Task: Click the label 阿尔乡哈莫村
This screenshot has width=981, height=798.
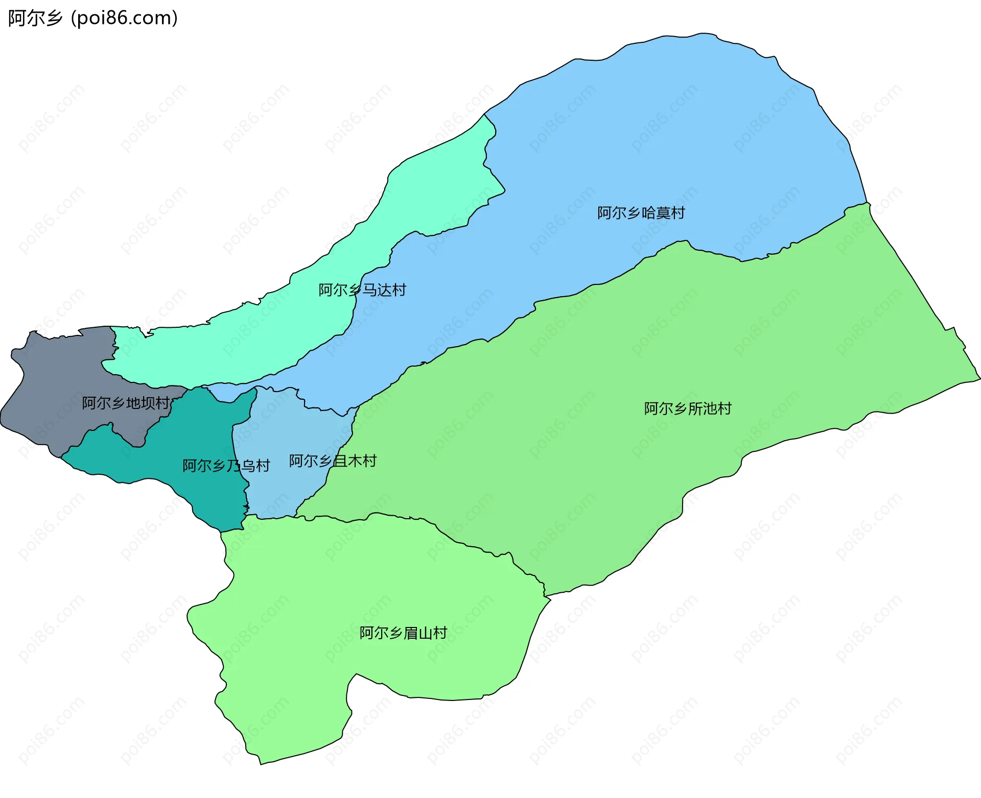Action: [641, 213]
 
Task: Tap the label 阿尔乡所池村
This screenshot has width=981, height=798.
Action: [687, 408]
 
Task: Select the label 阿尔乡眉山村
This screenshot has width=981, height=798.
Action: [403, 633]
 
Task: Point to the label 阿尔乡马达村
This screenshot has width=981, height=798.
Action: [362, 290]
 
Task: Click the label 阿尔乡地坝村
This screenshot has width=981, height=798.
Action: [125, 403]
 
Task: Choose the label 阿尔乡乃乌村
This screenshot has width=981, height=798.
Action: [226, 466]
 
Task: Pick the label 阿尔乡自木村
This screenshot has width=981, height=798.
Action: [333, 461]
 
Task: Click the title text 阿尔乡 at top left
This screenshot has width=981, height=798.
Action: [35, 18]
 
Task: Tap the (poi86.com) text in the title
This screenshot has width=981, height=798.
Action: [124, 18]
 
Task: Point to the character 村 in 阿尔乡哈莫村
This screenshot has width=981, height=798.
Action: [678, 213]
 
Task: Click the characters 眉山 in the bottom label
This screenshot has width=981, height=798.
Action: [417, 633]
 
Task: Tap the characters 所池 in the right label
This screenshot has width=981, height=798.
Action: [702, 408]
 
